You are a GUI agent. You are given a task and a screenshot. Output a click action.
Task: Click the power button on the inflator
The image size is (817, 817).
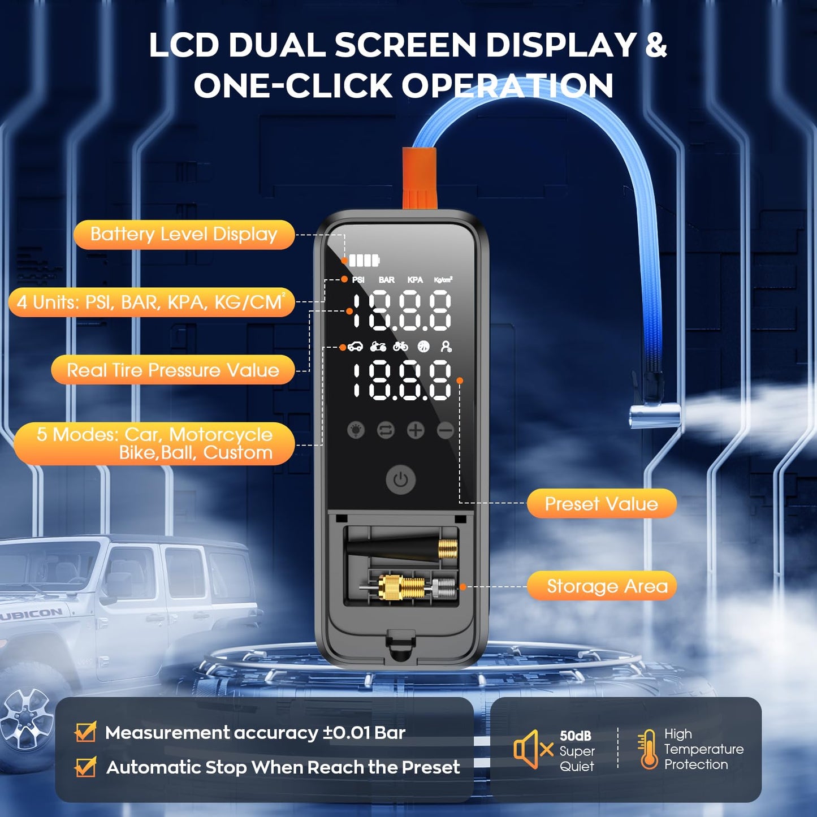(401, 480)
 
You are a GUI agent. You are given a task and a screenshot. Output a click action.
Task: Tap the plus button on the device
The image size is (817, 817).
(416, 431)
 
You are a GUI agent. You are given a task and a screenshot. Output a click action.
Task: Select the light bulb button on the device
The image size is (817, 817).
(356, 431)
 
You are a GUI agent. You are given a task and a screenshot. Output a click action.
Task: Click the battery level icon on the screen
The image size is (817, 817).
(364, 261)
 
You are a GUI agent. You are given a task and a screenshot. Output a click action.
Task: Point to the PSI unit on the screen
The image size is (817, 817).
(358, 280)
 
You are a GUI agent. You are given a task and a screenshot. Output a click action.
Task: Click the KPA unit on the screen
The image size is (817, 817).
(415, 280)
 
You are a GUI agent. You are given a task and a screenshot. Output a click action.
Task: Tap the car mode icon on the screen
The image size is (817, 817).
(355, 347)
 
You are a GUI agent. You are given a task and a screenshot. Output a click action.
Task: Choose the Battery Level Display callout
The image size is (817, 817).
(184, 235)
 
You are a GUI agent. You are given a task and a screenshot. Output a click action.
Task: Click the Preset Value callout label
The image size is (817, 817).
(601, 504)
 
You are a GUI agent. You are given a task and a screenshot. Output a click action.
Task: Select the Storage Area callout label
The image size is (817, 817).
(607, 586)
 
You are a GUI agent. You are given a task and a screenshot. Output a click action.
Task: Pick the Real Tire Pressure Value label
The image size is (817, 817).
(173, 370)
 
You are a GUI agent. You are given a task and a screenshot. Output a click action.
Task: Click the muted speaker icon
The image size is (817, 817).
(532, 750)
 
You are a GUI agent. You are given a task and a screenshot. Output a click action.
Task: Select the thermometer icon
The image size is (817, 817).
(648, 750)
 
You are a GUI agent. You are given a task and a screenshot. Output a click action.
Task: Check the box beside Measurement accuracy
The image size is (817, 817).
(85, 732)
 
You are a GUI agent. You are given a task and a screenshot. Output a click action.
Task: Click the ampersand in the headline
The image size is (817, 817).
(656, 45)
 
